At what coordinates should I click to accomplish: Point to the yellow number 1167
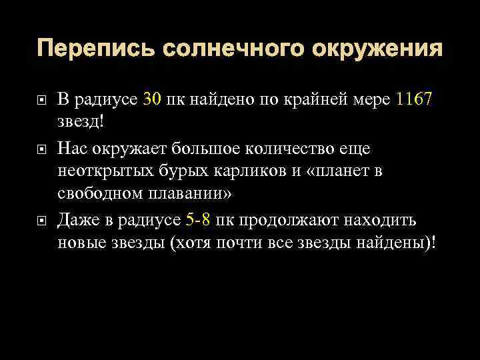[413, 101]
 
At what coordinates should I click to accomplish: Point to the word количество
[293, 147]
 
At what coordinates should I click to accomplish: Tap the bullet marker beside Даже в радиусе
[41, 219]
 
